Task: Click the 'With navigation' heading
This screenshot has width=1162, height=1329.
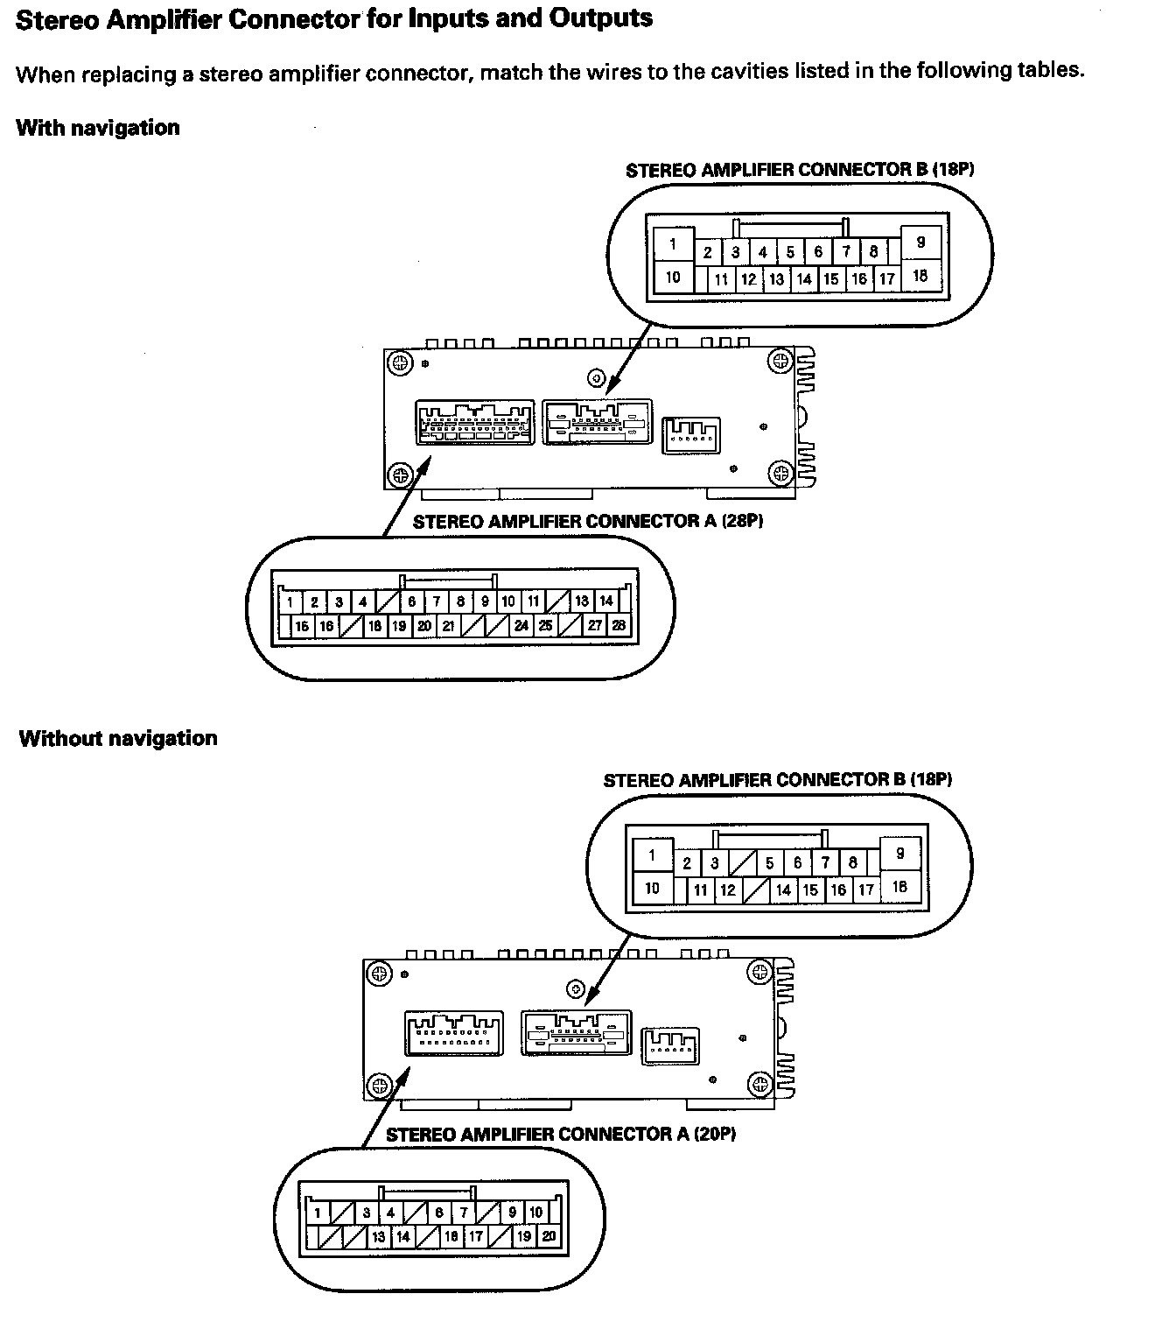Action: coord(97,128)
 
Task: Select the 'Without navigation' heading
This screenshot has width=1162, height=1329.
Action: coord(117,738)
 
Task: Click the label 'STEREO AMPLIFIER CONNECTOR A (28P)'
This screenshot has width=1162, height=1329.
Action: coord(588,521)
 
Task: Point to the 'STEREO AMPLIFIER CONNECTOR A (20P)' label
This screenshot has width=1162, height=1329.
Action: coord(561,1134)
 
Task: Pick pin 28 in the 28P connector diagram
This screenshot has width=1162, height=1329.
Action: coord(619,626)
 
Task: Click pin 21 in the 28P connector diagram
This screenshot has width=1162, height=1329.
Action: coord(448,626)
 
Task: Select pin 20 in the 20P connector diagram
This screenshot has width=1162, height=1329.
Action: coord(549,1236)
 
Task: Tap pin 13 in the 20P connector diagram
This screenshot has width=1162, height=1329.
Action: coord(378,1236)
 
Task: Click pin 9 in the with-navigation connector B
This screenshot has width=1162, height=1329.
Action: coord(920,243)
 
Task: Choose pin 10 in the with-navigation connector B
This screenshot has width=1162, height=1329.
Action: coord(673,278)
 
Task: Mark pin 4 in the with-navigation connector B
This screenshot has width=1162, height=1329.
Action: coord(763,253)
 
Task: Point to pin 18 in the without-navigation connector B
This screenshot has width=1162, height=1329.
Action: coord(899,887)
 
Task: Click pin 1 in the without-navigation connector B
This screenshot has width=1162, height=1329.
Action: coord(652,855)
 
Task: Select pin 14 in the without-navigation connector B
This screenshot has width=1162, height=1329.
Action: coord(783,890)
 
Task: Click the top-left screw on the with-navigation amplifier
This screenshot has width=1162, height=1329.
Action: coord(401,362)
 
